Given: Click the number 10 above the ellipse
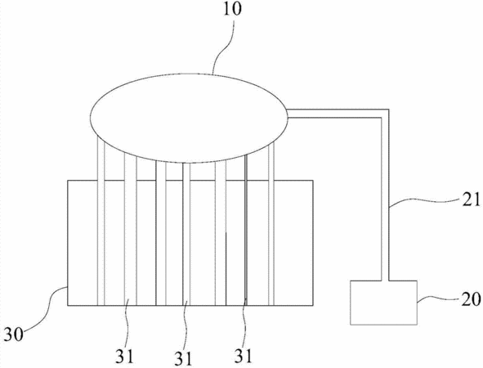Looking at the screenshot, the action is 232,9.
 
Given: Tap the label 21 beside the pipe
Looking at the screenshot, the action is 471,199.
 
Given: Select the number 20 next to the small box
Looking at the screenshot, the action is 471,298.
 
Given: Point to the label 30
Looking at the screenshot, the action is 14,334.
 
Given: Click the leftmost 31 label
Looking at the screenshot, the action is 125,357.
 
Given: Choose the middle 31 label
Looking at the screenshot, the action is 184,358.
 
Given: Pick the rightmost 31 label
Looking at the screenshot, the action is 244,356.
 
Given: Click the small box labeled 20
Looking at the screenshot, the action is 384,303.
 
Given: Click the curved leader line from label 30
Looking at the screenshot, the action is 47,308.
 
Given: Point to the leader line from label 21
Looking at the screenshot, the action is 424,201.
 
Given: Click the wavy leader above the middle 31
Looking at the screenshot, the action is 186,327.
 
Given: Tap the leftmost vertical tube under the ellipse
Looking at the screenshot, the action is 101,221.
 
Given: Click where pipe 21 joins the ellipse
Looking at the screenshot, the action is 287,113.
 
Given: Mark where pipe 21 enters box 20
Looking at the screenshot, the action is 385,280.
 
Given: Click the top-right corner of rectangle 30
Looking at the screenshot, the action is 313,181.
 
